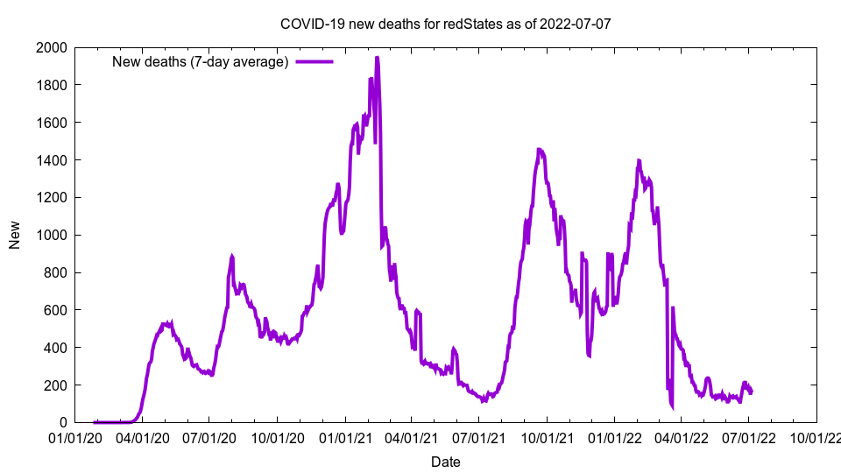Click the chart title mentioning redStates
[445, 24]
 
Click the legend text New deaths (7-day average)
[201, 62]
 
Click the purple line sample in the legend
[314, 62]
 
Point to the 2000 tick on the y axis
[53, 47]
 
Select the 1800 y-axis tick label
[53, 85]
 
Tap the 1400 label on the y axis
[53, 160]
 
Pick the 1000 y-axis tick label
[53, 235]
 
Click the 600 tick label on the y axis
[57, 310]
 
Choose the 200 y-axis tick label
[57, 385]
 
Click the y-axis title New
[15, 235]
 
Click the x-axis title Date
[445, 462]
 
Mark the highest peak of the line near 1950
[377, 58]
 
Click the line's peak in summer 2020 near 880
[232, 257]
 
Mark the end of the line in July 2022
[751, 392]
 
